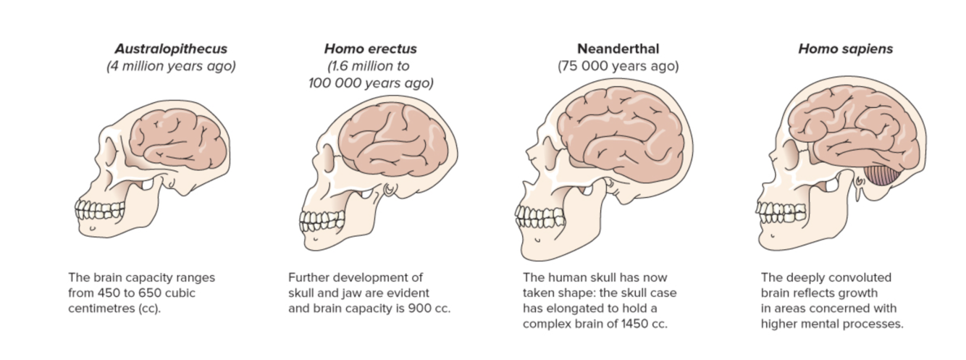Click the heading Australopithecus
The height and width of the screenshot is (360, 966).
point(171,49)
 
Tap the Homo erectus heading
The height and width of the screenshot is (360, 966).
point(370,49)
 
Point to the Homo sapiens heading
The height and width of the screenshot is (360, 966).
point(845,49)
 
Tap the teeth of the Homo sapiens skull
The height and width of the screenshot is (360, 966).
point(772,210)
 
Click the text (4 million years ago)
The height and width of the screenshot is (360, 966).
point(171,67)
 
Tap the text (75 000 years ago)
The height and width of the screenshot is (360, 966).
point(618,67)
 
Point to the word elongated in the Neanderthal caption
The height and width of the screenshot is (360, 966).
point(578,309)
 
